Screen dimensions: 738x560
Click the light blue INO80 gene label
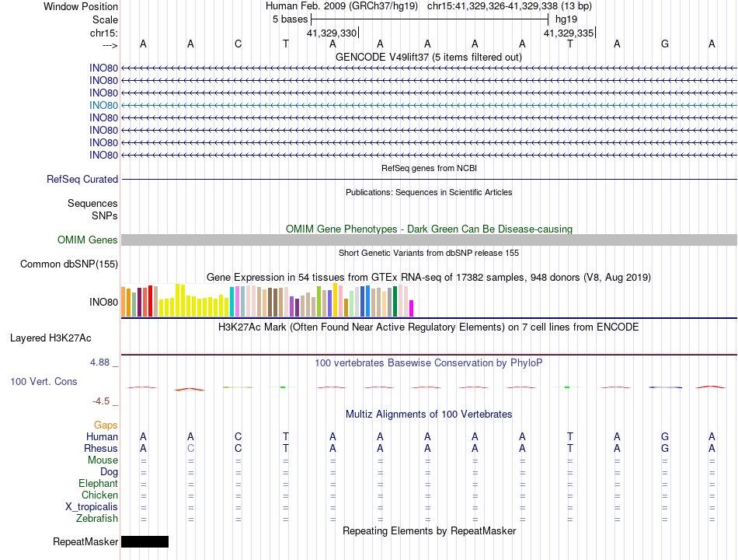coord(103,106)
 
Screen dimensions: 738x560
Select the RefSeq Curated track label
coord(82,179)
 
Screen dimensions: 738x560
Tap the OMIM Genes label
coord(88,240)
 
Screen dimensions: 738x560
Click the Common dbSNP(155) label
coord(69,264)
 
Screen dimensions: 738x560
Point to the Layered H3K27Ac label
coord(50,338)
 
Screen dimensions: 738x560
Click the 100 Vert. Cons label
coord(44,381)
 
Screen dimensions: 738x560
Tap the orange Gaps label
coord(106,425)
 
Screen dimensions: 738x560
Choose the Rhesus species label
coord(101,448)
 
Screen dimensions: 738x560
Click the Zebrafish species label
coord(97,519)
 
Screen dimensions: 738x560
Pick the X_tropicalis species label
coord(92,507)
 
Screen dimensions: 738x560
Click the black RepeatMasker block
coord(145,541)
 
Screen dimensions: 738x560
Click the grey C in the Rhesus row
coord(190,448)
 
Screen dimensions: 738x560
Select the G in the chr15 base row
coord(664,44)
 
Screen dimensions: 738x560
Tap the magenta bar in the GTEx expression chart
coord(412,308)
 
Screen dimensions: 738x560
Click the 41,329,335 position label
coord(569,33)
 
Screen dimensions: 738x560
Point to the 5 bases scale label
coord(290,19)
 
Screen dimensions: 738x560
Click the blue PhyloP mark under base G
coord(666,387)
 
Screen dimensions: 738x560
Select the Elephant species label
coord(99,484)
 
